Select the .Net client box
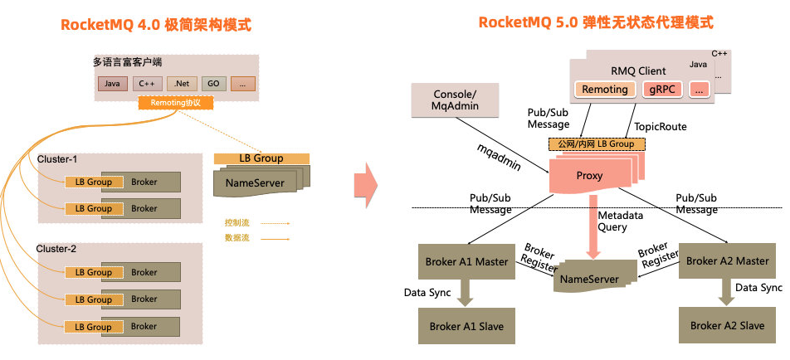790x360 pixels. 181,84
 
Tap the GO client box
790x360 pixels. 212,84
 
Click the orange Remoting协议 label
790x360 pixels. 176,104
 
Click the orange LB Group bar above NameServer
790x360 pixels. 261,158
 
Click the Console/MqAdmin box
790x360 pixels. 456,100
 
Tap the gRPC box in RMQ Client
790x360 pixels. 661,89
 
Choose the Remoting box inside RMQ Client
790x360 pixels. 604,89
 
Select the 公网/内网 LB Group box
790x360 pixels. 597,144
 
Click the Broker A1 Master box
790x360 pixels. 466,261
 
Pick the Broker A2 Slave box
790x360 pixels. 727,325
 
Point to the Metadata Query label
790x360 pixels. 623,221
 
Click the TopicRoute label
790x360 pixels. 661,127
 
